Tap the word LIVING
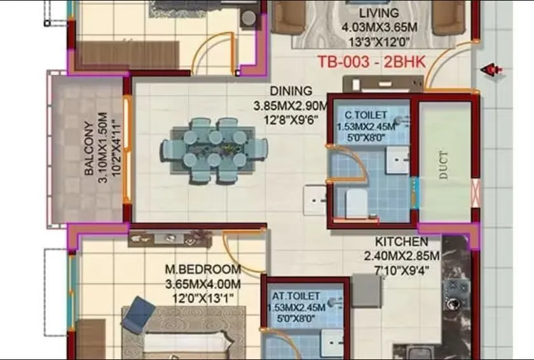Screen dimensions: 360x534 pos(379,13)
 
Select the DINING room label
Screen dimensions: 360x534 pos(291,91)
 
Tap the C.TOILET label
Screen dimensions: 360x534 pos(366,115)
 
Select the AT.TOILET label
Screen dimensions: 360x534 pos(296,296)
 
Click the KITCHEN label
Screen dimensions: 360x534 pos(401,242)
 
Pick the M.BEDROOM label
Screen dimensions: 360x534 pos(203,270)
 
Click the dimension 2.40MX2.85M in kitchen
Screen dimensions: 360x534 pos(401,256)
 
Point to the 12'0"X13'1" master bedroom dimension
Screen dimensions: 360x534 pos(203,298)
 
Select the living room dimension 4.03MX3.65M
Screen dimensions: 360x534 pos(379,27)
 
